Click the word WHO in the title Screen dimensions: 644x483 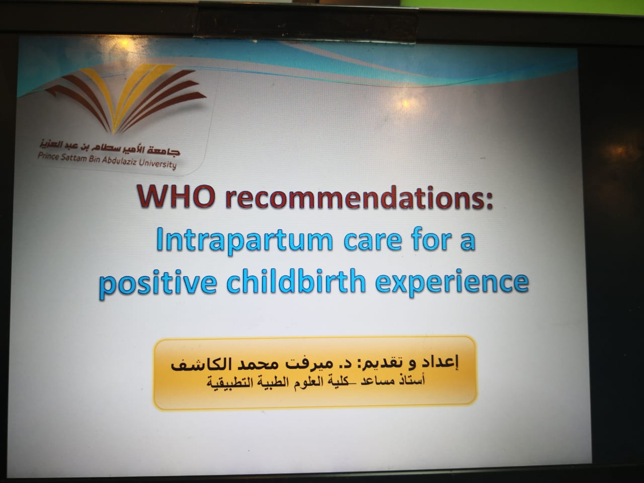click(x=176, y=196)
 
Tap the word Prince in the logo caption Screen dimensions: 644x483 click(x=48, y=156)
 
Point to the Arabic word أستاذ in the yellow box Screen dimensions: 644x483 click(x=413, y=380)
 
